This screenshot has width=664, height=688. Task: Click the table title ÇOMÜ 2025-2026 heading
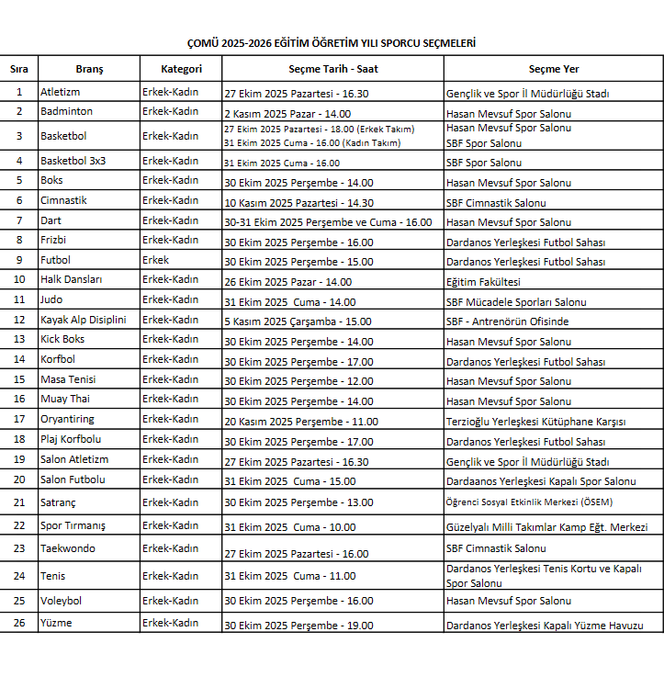click(x=332, y=43)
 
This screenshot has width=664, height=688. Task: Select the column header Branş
click(x=89, y=69)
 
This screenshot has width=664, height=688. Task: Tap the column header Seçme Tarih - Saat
click(x=332, y=69)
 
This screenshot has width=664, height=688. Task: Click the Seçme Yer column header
click(x=553, y=69)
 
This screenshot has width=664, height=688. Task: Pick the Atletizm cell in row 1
click(x=61, y=93)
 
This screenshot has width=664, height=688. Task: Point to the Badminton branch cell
click(x=66, y=112)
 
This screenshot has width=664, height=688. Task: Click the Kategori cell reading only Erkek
click(x=156, y=261)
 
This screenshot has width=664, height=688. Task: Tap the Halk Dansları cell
click(x=72, y=280)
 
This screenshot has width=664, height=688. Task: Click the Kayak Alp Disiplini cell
click(x=83, y=321)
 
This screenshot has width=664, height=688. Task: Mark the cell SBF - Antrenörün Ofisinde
click(x=507, y=321)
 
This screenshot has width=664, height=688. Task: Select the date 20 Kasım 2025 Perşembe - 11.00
click(x=301, y=422)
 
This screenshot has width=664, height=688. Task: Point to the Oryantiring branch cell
click(x=67, y=420)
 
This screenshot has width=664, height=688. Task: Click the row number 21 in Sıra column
click(x=19, y=502)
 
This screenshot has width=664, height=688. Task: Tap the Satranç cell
click(x=60, y=502)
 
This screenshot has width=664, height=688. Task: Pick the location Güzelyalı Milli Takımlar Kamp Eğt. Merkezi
click(x=546, y=527)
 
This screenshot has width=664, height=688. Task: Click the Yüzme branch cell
click(x=56, y=624)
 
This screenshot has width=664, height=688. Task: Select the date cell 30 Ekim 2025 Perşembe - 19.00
click(x=298, y=626)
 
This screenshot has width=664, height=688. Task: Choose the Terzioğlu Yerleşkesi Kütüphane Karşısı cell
click(x=535, y=422)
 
